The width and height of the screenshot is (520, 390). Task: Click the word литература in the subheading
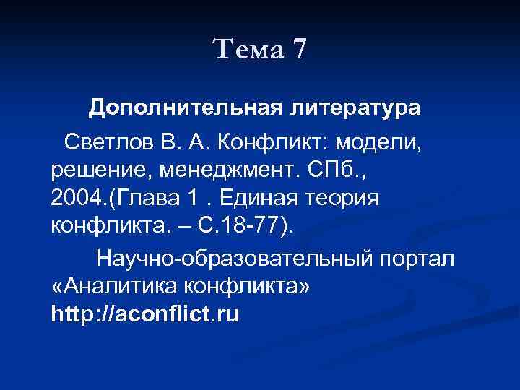click(x=354, y=108)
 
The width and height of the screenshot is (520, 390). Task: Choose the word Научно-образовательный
click(x=233, y=257)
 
